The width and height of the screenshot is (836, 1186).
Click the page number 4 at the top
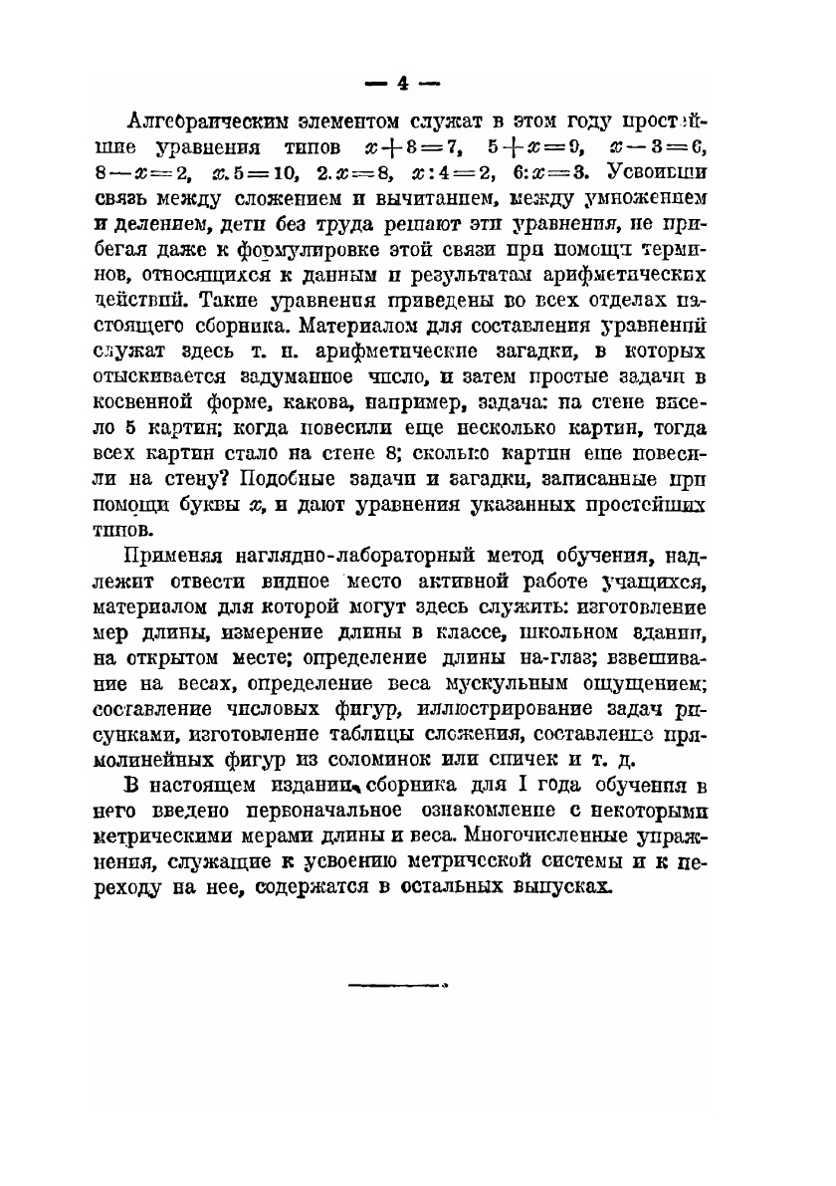(x=403, y=84)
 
